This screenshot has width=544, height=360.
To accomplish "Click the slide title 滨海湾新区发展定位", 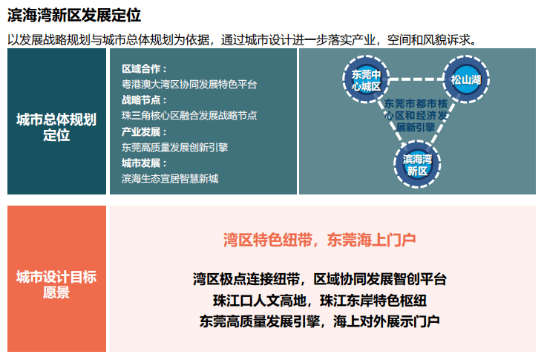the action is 74,16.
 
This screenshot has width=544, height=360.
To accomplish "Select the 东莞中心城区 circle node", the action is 366,79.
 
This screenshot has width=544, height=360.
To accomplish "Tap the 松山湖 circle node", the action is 466,79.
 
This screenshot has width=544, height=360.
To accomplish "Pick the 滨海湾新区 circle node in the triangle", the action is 417,164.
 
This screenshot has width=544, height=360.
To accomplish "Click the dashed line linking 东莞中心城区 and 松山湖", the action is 416,79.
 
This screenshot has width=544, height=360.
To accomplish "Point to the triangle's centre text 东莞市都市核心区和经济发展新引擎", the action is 416,116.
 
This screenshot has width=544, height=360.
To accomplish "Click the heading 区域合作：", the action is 144,69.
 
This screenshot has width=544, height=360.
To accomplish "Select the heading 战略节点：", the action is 144,100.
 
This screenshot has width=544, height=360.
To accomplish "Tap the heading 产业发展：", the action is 144,132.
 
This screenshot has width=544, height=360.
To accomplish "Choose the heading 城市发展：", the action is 144,163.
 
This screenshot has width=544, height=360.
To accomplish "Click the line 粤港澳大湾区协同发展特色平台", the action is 189,85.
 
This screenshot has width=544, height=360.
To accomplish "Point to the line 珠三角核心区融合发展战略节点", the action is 189,116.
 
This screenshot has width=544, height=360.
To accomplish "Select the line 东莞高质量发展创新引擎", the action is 174,148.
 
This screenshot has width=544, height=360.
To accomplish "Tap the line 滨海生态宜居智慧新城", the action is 170,179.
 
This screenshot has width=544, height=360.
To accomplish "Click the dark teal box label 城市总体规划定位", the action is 56,127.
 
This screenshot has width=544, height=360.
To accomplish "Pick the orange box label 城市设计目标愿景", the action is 56,285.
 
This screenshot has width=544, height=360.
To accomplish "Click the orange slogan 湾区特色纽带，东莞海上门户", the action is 320,240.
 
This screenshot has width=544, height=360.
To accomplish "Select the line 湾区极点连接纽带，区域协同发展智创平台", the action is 320,279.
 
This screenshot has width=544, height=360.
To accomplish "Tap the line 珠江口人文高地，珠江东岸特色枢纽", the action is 320,301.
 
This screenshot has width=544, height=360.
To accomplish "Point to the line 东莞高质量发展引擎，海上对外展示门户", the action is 320,321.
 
